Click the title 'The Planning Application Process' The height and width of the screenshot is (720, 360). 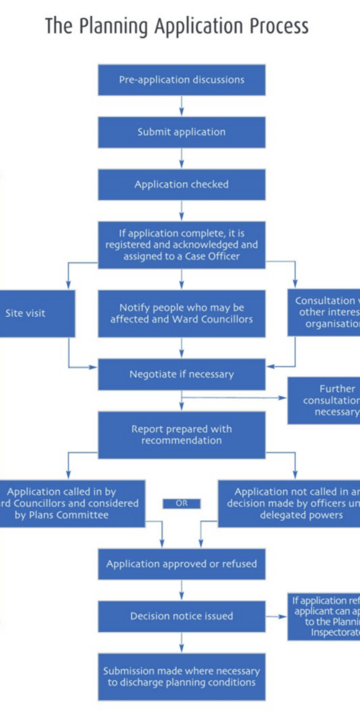176,26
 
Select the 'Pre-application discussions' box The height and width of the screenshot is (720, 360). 181,80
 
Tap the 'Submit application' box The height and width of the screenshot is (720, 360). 181,132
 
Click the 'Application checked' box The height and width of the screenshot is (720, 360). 181,184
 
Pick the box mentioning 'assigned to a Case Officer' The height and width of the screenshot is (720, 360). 181,244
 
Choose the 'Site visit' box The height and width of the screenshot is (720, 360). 36,313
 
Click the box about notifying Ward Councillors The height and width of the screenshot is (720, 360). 181,313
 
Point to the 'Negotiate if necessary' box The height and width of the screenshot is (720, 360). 181,374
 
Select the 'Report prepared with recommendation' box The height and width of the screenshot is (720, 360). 181,435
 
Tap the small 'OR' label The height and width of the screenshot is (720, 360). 181,503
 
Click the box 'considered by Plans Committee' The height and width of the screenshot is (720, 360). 72,503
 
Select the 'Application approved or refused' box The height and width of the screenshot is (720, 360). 181,564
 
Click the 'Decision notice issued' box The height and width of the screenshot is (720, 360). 181,616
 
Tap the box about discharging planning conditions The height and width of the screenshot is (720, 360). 181,676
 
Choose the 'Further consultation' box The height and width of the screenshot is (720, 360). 324,400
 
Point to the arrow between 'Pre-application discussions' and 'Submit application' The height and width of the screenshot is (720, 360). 181,106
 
